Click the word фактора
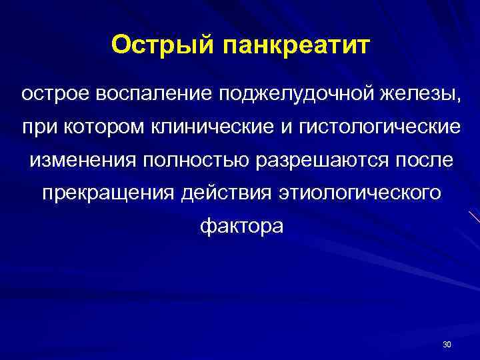241,227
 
